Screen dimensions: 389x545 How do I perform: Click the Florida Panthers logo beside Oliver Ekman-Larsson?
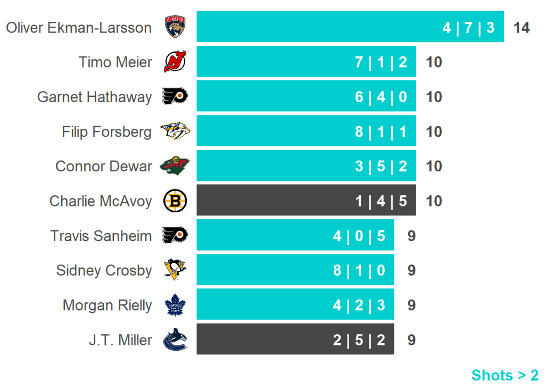176,27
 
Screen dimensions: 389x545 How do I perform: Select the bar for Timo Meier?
306,62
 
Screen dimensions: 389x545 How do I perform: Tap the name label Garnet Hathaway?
94,97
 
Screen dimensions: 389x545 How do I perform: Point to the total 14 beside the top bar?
522,28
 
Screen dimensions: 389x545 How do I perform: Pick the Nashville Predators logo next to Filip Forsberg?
175,131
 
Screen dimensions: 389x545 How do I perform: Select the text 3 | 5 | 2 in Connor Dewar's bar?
381,166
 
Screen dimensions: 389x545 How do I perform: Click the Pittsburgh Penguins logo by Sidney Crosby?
175,270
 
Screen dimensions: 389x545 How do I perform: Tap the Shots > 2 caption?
505,375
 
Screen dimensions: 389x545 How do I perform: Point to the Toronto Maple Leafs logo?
175,305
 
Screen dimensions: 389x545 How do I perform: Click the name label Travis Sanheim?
101,236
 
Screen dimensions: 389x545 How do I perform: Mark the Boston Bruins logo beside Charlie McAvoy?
175,201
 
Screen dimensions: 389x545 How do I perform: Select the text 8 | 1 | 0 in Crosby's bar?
359,270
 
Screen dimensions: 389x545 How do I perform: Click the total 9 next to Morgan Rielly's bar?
411,305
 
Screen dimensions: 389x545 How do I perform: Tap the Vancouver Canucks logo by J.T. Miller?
175,340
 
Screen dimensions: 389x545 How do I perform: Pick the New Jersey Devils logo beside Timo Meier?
175,62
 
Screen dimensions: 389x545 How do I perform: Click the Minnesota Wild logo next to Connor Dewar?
175,166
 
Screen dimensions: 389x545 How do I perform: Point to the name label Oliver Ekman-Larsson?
79,28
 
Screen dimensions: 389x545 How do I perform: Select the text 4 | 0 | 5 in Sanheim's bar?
359,236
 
